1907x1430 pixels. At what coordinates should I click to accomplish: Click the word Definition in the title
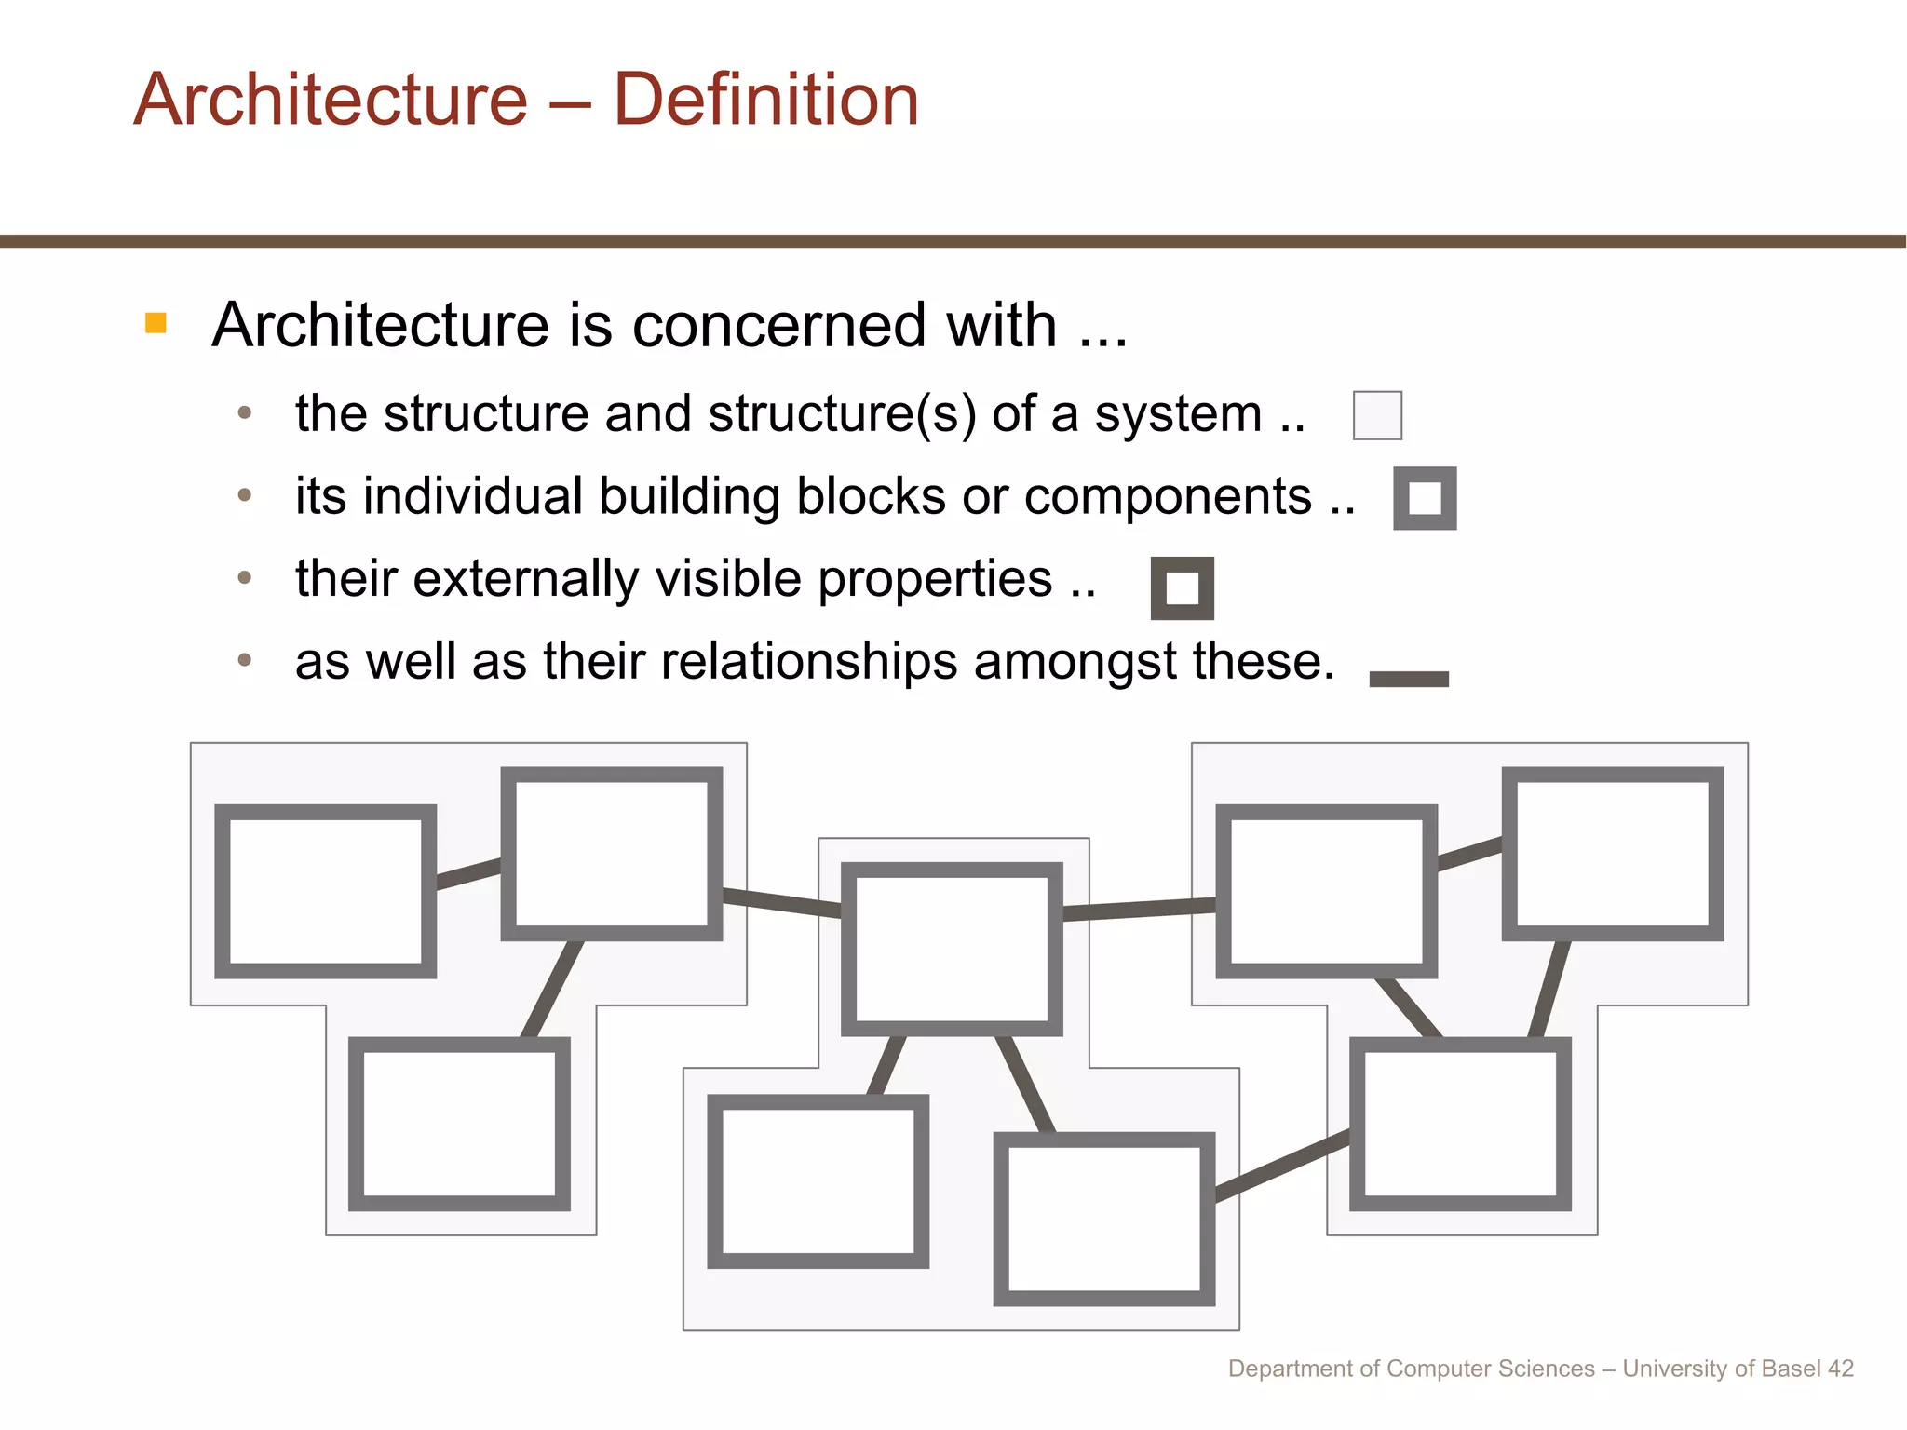tap(765, 100)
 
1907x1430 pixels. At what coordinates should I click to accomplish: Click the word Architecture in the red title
tap(331, 100)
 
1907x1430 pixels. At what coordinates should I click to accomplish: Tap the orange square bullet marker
tap(156, 323)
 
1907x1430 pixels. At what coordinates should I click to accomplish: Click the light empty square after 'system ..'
tap(1377, 415)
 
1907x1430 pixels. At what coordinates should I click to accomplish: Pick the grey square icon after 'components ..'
tap(1425, 498)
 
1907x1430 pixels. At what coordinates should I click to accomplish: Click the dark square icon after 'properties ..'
tap(1182, 588)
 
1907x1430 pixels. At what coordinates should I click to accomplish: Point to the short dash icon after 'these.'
tap(1409, 679)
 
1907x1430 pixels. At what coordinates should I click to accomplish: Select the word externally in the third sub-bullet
tap(526, 578)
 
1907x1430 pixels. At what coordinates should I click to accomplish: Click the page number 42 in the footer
tap(1840, 1369)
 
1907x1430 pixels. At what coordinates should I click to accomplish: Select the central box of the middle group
tap(952, 949)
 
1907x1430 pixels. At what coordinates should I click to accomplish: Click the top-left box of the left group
tap(325, 891)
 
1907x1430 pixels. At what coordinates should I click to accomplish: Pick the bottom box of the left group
tap(459, 1124)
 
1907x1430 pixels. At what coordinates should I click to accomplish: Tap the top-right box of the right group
tap(1612, 853)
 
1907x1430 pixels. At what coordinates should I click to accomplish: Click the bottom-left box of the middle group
tap(818, 1180)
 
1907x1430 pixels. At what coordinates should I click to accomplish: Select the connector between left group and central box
tap(781, 902)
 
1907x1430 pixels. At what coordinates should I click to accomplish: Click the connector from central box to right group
tap(1139, 908)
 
